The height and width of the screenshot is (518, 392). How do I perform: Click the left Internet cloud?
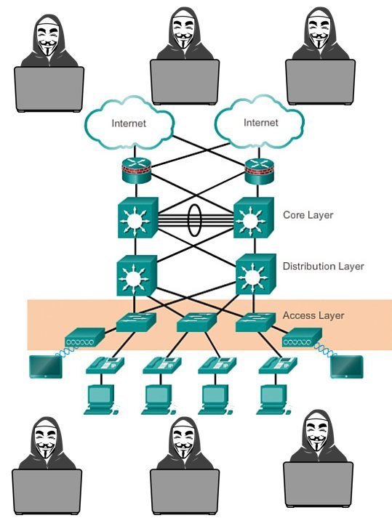(x=129, y=124)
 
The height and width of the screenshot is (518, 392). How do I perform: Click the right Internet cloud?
(x=260, y=122)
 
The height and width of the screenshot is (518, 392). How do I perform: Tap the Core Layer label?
(x=308, y=215)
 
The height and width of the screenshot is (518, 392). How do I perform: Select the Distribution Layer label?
(x=323, y=267)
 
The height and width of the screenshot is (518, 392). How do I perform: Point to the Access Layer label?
(x=313, y=315)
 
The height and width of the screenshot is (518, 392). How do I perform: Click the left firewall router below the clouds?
(x=136, y=170)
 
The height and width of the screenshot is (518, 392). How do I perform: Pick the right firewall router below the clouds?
(x=260, y=170)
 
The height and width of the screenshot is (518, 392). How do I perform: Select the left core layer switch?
(x=137, y=218)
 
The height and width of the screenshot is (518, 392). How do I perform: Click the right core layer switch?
(x=253, y=218)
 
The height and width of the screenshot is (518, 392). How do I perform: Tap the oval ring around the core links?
(x=188, y=220)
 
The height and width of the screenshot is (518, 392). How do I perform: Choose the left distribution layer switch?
(x=137, y=275)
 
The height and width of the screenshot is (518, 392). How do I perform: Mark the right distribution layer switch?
(x=256, y=274)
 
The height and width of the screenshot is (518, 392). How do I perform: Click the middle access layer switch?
(x=197, y=322)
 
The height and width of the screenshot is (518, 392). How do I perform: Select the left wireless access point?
(x=84, y=337)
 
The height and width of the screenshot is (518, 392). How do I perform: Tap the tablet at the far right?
(x=347, y=367)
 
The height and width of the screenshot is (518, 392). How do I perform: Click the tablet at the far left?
(x=46, y=367)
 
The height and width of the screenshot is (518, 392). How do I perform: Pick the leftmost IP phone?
(x=105, y=365)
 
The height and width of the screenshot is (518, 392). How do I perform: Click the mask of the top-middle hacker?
(x=183, y=32)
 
